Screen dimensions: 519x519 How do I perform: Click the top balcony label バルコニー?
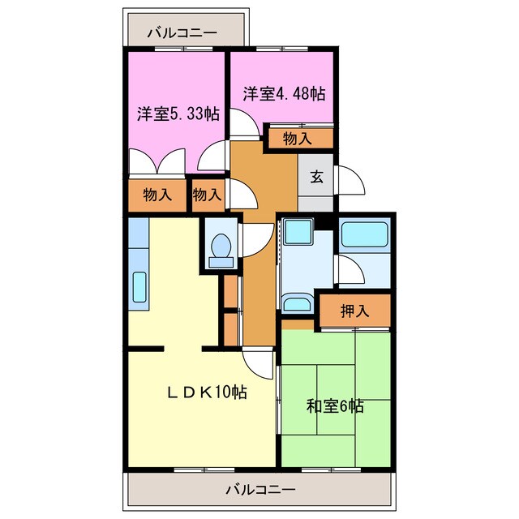click(182, 33)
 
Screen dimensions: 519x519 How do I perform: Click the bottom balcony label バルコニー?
click(259, 490)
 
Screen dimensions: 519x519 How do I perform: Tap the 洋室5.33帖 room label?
click(178, 114)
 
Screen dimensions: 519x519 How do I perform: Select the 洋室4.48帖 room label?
click(284, 94)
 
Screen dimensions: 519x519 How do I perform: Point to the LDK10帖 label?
click(207, 392)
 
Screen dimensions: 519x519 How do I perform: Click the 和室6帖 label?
click(335, 406)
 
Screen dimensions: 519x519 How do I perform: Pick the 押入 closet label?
click(354, 310)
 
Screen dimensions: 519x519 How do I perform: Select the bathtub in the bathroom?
click(364, 235)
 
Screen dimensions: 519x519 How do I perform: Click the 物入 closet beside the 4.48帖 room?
click(297, 138)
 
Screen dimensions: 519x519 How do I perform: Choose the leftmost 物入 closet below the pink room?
click(157, 195)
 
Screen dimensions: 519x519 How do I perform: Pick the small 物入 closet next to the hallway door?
click(208, 195)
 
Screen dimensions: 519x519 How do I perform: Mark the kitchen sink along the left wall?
click(139, 288)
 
